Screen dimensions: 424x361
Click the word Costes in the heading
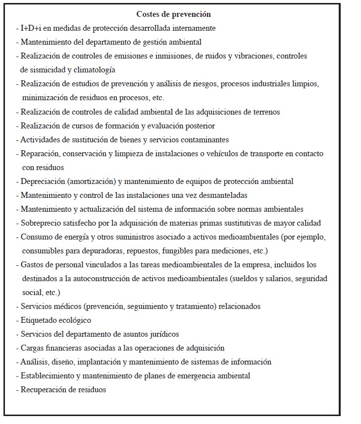coord(148,14)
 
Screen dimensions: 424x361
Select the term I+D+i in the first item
coord(30,28)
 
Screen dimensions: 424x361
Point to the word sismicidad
coord(46,70)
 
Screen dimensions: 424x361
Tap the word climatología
coord(94,70)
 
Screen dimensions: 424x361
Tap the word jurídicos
coord(163,334)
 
